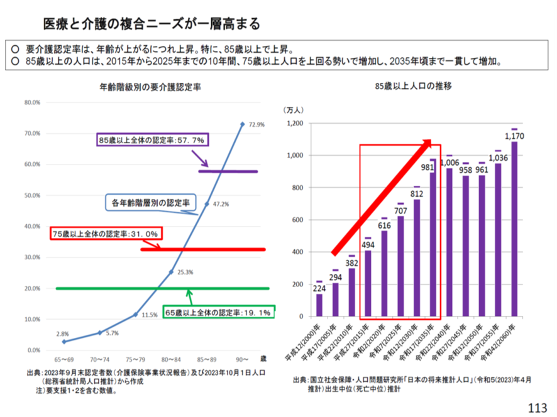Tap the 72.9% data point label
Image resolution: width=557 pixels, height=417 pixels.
256,125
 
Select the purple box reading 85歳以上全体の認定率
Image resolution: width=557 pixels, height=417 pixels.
153,139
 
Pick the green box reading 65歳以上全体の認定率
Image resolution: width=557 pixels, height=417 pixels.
218,312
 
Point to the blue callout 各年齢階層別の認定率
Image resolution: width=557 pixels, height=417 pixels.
150,203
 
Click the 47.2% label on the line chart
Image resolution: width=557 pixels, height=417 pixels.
221,204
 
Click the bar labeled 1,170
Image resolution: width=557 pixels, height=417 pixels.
514,229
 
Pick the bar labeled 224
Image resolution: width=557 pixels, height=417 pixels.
319,305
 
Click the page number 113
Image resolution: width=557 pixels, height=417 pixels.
538,408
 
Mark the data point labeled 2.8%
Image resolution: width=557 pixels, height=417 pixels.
64,342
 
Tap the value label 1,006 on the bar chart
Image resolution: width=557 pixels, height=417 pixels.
449,163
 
